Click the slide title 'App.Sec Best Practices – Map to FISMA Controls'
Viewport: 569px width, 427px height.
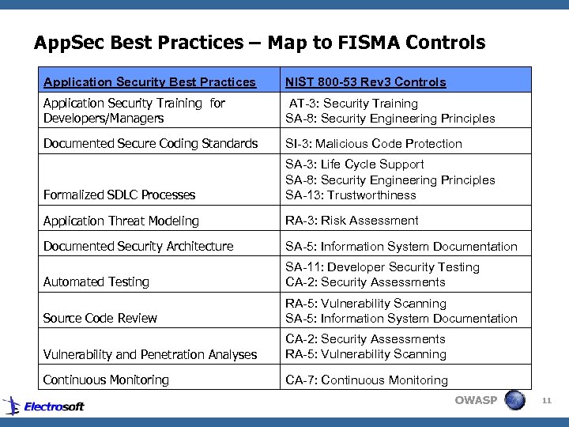point(259,42)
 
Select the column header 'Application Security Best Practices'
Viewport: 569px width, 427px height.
point(149,82)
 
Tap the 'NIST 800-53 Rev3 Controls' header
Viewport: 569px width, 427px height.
point(365,82)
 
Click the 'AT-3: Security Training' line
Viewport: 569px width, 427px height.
point(353,104)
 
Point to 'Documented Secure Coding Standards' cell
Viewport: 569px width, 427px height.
point(150,144)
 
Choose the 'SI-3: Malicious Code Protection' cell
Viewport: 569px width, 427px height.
point(373,144)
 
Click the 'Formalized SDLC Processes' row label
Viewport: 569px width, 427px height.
point(119,195)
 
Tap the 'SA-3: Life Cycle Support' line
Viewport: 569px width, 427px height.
point(354,164)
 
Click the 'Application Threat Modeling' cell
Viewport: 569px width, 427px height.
point(121,221)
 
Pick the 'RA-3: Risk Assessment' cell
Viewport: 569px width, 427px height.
point(352,221)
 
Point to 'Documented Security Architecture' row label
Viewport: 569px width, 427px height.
point(138,247)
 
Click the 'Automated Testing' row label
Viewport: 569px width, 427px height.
point(96,282)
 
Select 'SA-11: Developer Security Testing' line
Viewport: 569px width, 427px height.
point(382,267)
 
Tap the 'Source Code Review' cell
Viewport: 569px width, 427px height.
point(100,319)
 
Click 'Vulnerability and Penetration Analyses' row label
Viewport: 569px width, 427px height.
point(150,355)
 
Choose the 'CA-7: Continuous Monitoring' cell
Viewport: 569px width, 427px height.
point(367,380)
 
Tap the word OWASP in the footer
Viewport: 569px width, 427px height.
point(476,400)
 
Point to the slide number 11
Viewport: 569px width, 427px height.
point(546,401)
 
